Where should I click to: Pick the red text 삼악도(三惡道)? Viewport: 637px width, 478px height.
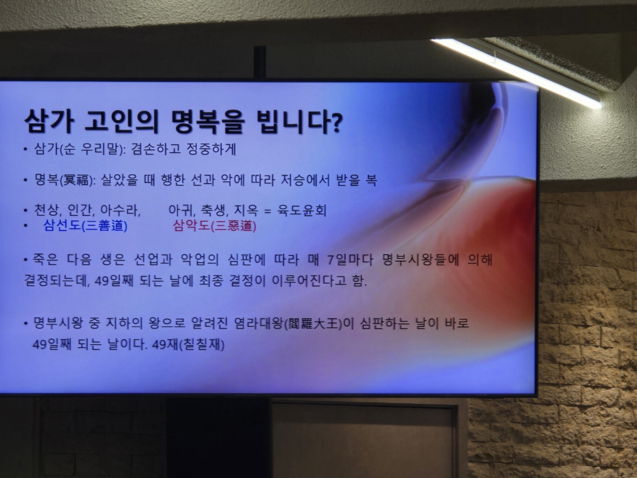[x=215, y=226]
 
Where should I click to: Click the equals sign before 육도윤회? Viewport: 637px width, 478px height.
[x=266, y=211]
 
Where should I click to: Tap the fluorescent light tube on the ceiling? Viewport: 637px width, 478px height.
[x=516, y=71]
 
